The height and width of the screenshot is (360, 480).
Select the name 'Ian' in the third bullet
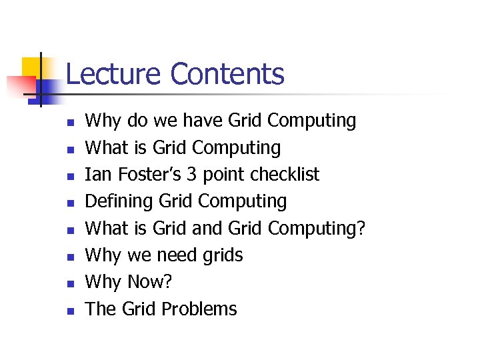click(99, 175)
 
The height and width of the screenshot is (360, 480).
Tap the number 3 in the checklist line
click(191, 175)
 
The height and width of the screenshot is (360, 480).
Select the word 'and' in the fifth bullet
click(207, 229)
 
